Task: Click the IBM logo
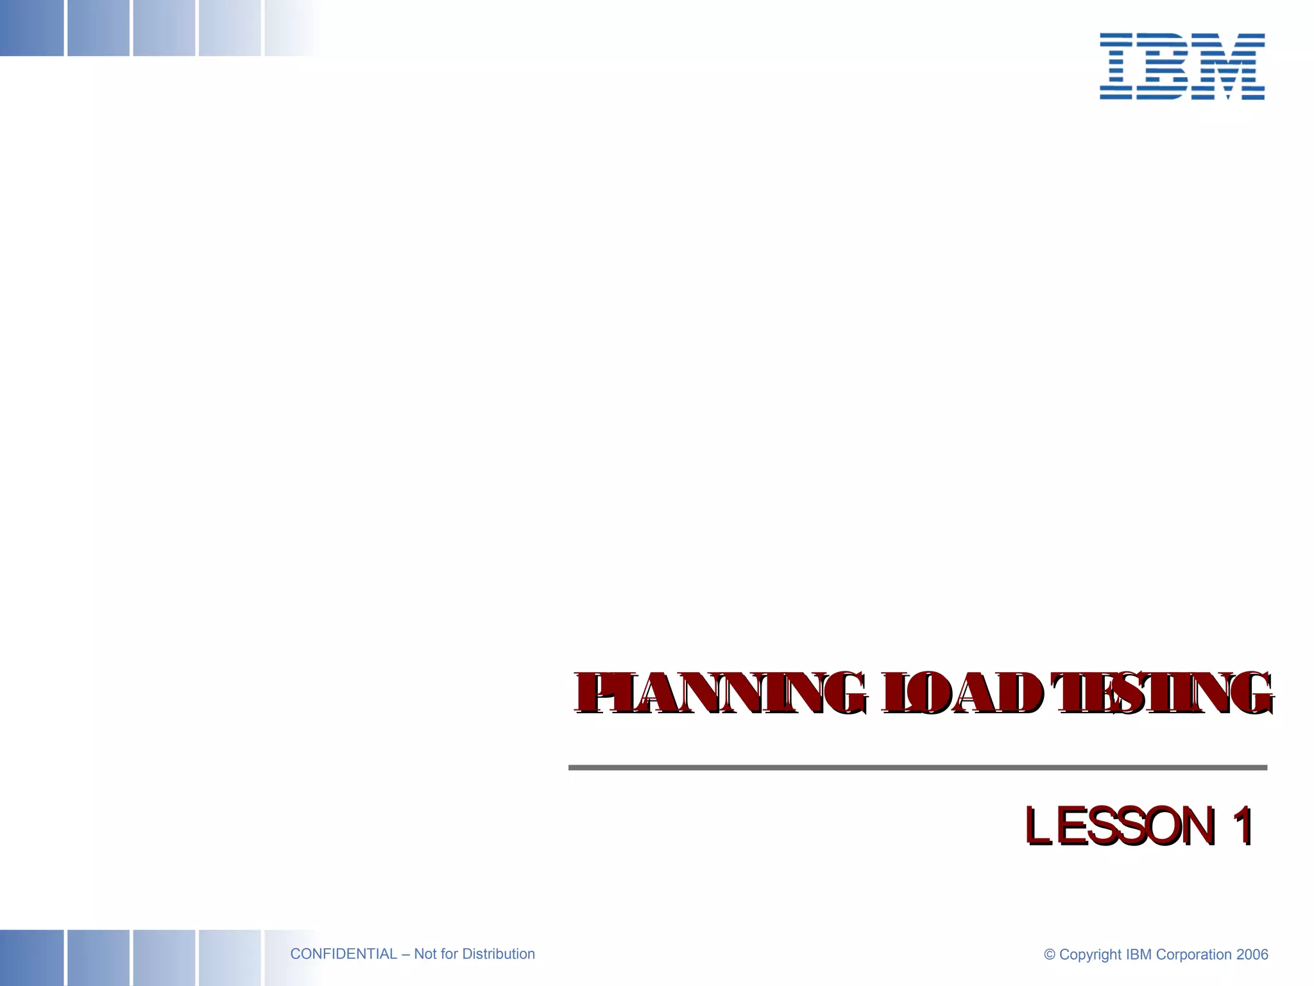pos(1182,66)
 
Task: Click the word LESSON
pos(1120,826)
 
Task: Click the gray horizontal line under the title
pos(917,767)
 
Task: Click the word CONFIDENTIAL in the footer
pos(343,954)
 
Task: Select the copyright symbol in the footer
pos(1050,955)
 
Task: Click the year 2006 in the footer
pos(1252,955)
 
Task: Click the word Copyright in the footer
pos(1090,955)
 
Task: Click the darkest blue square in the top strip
pos(31,28)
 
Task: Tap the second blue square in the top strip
pos(98,28)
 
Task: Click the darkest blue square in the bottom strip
pos(31,957)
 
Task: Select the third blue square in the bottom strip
pos(164,957)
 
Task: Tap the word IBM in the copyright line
pos(1139,955)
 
